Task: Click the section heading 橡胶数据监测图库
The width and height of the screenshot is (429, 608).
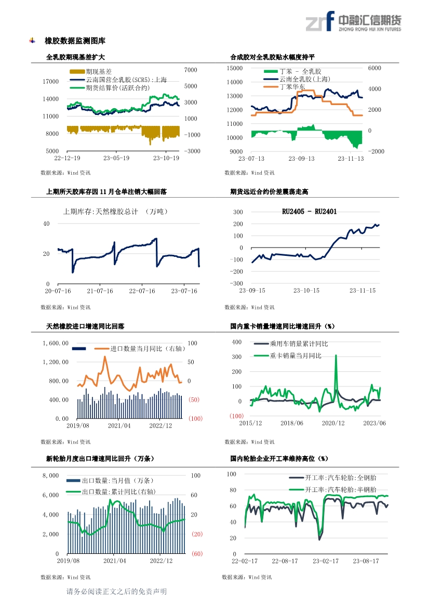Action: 75,41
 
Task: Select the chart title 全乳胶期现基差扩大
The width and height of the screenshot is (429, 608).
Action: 75,57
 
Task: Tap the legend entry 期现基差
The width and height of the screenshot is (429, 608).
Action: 99,71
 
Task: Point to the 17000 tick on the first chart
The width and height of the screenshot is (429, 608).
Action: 50,82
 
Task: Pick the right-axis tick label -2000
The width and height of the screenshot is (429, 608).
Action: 377,151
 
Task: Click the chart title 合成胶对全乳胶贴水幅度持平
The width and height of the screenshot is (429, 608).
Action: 273,57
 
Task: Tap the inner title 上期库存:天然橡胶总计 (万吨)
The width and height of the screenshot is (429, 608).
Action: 115,211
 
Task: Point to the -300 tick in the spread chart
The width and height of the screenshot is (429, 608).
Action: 237,283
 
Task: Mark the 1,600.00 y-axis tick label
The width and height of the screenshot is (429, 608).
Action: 56,343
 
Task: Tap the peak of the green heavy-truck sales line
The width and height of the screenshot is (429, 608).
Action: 336,356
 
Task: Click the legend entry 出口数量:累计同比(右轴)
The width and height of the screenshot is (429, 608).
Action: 119,491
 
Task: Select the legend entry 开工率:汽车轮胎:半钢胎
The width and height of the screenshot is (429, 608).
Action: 340,490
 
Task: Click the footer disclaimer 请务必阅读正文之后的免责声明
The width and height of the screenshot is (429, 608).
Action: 116,591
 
